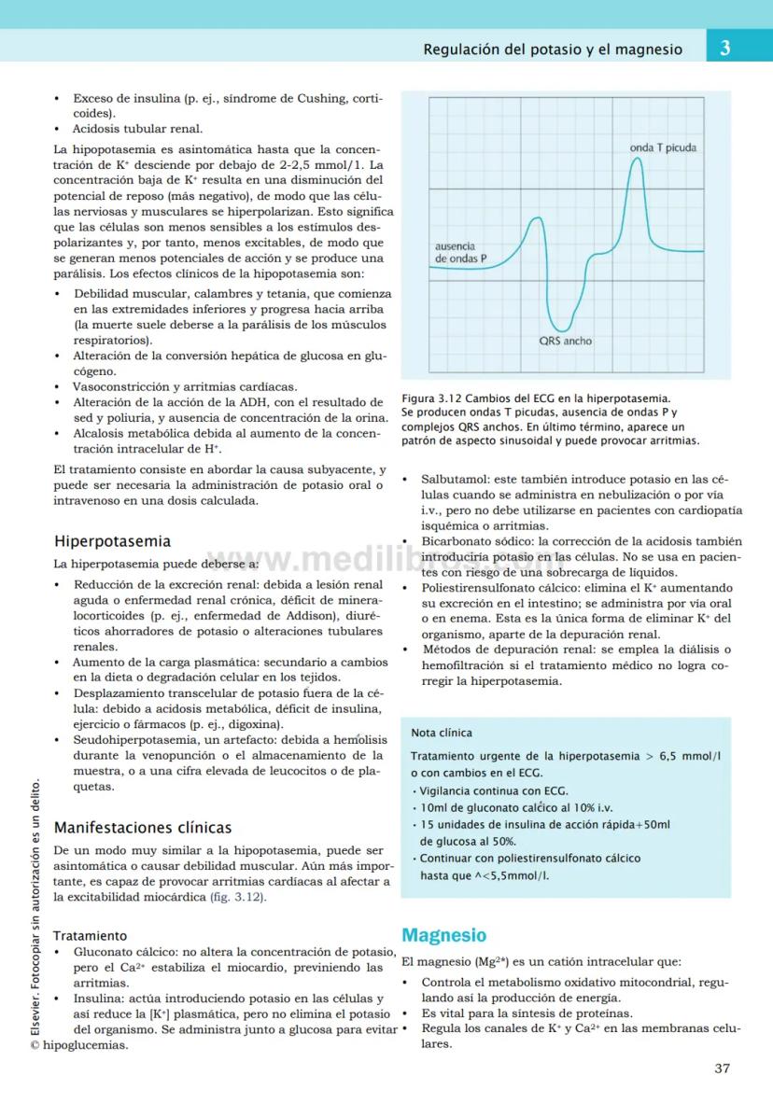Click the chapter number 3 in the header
pyautogui.click(x=724, y=49)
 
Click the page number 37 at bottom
pyautogui.click(x=722, y=1069)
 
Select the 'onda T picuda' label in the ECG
pyautogui.click(x=662, y=147)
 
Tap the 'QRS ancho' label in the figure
pyautogui.click(x=565, y=342)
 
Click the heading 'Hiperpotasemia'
pyautogui.click(x=112, y=540)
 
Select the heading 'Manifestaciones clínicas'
pyautogui.click(x=142, y=827)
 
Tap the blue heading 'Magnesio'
pyautogui.click(x=443, y=935)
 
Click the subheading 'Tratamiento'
pyautogui.click(x=90, y=935)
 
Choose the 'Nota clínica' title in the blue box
pyautogui.click(x=442, y=733)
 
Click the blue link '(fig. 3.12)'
pyautogui.click(x=236, y=897)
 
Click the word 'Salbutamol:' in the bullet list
pyautogui.click(x=455, y=478)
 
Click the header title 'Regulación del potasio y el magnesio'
pyautogui.click(x=552, y=49)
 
